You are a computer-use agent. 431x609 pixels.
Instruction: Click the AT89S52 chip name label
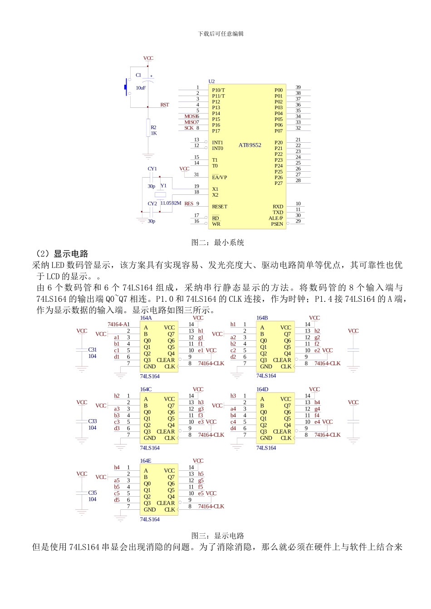(250, 145)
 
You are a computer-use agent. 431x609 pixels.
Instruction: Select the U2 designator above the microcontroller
(211, 82)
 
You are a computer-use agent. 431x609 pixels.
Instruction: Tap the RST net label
(164, 105)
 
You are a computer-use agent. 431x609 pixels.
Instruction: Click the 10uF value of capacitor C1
(141, 88)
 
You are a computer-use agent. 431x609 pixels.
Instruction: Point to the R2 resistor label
(153, 128)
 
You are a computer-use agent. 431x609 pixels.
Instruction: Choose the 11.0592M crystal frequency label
(171, 203)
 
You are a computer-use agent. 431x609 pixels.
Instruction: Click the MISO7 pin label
(191, 122)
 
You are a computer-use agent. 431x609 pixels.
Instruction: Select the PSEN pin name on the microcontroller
(277, 224)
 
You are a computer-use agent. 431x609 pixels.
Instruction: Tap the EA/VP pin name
(220, 178)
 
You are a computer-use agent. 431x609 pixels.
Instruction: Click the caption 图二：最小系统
(218, 243)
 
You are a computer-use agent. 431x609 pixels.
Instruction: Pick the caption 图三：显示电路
(218, 536)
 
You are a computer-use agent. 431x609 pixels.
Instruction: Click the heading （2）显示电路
(62, 254)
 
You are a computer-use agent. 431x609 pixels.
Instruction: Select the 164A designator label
(146, 318)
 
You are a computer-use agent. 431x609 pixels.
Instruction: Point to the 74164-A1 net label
(118, 324)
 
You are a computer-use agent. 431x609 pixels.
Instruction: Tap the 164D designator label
(262, 390)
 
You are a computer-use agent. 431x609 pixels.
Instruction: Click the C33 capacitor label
(93, 421)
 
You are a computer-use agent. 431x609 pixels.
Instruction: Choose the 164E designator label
(146, 461)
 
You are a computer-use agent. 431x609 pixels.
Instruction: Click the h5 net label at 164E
(201, 474)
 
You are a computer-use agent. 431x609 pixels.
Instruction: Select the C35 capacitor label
(93, 493)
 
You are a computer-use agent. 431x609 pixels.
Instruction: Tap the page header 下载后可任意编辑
(220, 34)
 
